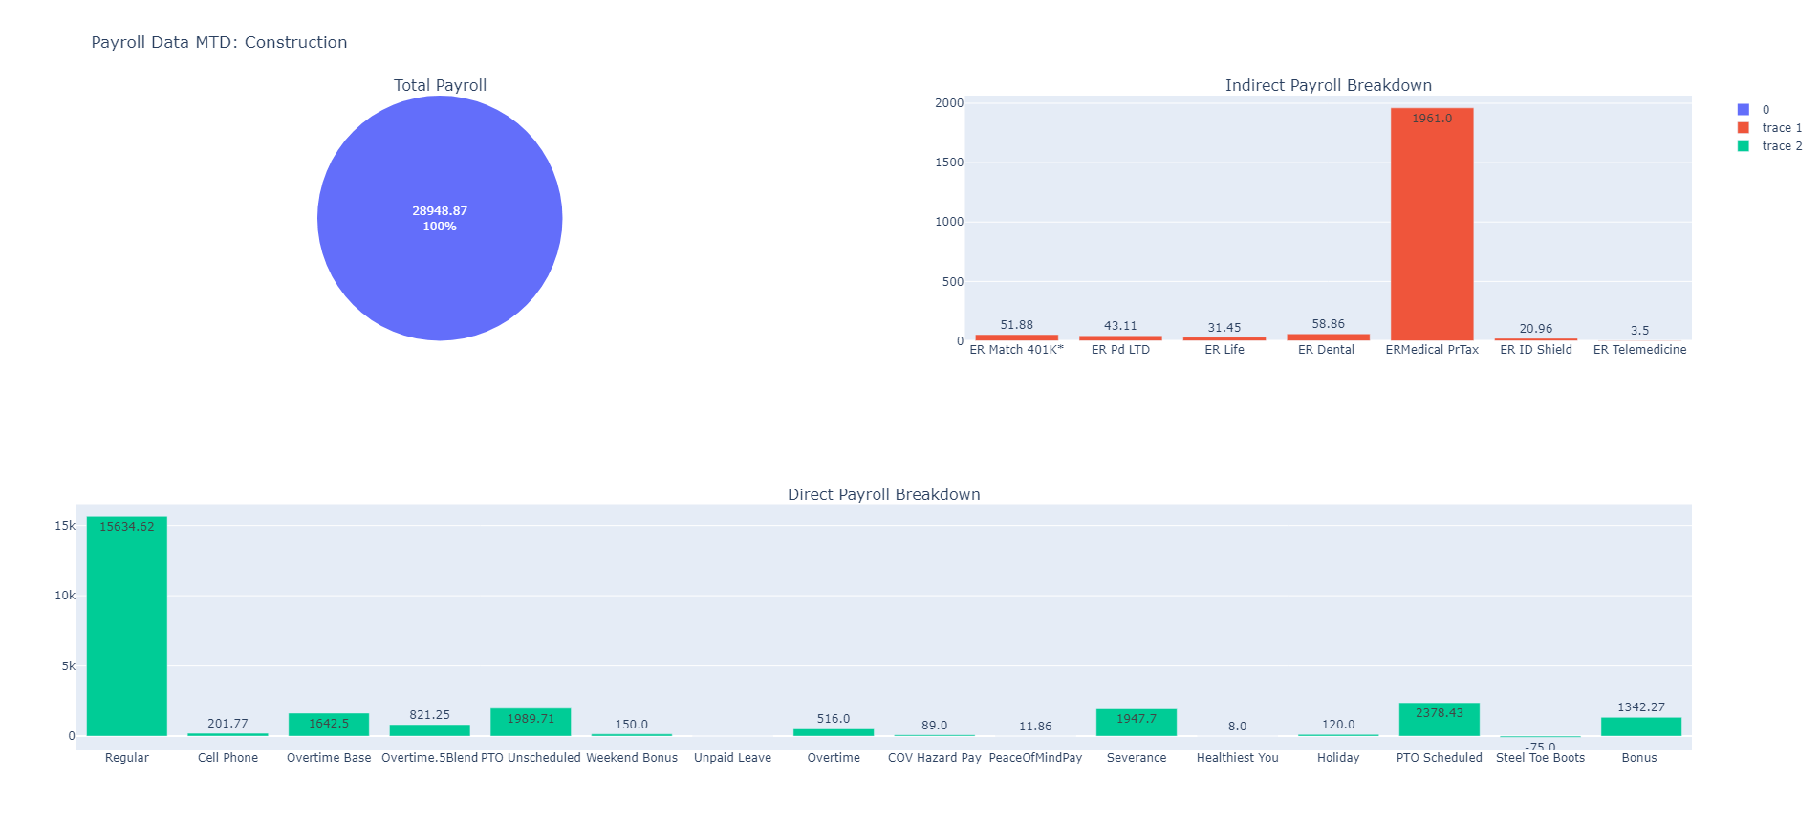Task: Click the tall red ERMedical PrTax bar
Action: click(x=1431, y=225)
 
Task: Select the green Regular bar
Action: click(x=127, y=626)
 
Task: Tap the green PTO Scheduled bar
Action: click(x=1439, y=720)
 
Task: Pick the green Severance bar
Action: click(x=1136, y=723)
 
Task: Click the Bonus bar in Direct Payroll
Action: click(x=1640, y=727)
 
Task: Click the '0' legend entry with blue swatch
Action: click(x=1765, y=110)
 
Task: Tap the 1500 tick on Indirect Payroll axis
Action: click(x=949, y=163)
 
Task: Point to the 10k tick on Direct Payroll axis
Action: click(x=65, y=596)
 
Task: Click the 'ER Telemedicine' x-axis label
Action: click(x=1639, y=350)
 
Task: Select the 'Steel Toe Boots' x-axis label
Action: click(x=1540, y=758)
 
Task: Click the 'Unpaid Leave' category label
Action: click(x=732, y=758)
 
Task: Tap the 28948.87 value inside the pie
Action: click(x=440, y=211)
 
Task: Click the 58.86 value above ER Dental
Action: click(x=1328, y=324)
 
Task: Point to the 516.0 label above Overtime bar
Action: click(x=833, y=719)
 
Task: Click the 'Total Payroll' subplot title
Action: click(x=440, y=85)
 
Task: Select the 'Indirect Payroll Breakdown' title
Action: click(x=1328, y=85)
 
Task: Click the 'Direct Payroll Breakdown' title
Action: click(x=883, y=494)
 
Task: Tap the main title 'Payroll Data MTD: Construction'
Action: click(x=219, y=42)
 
